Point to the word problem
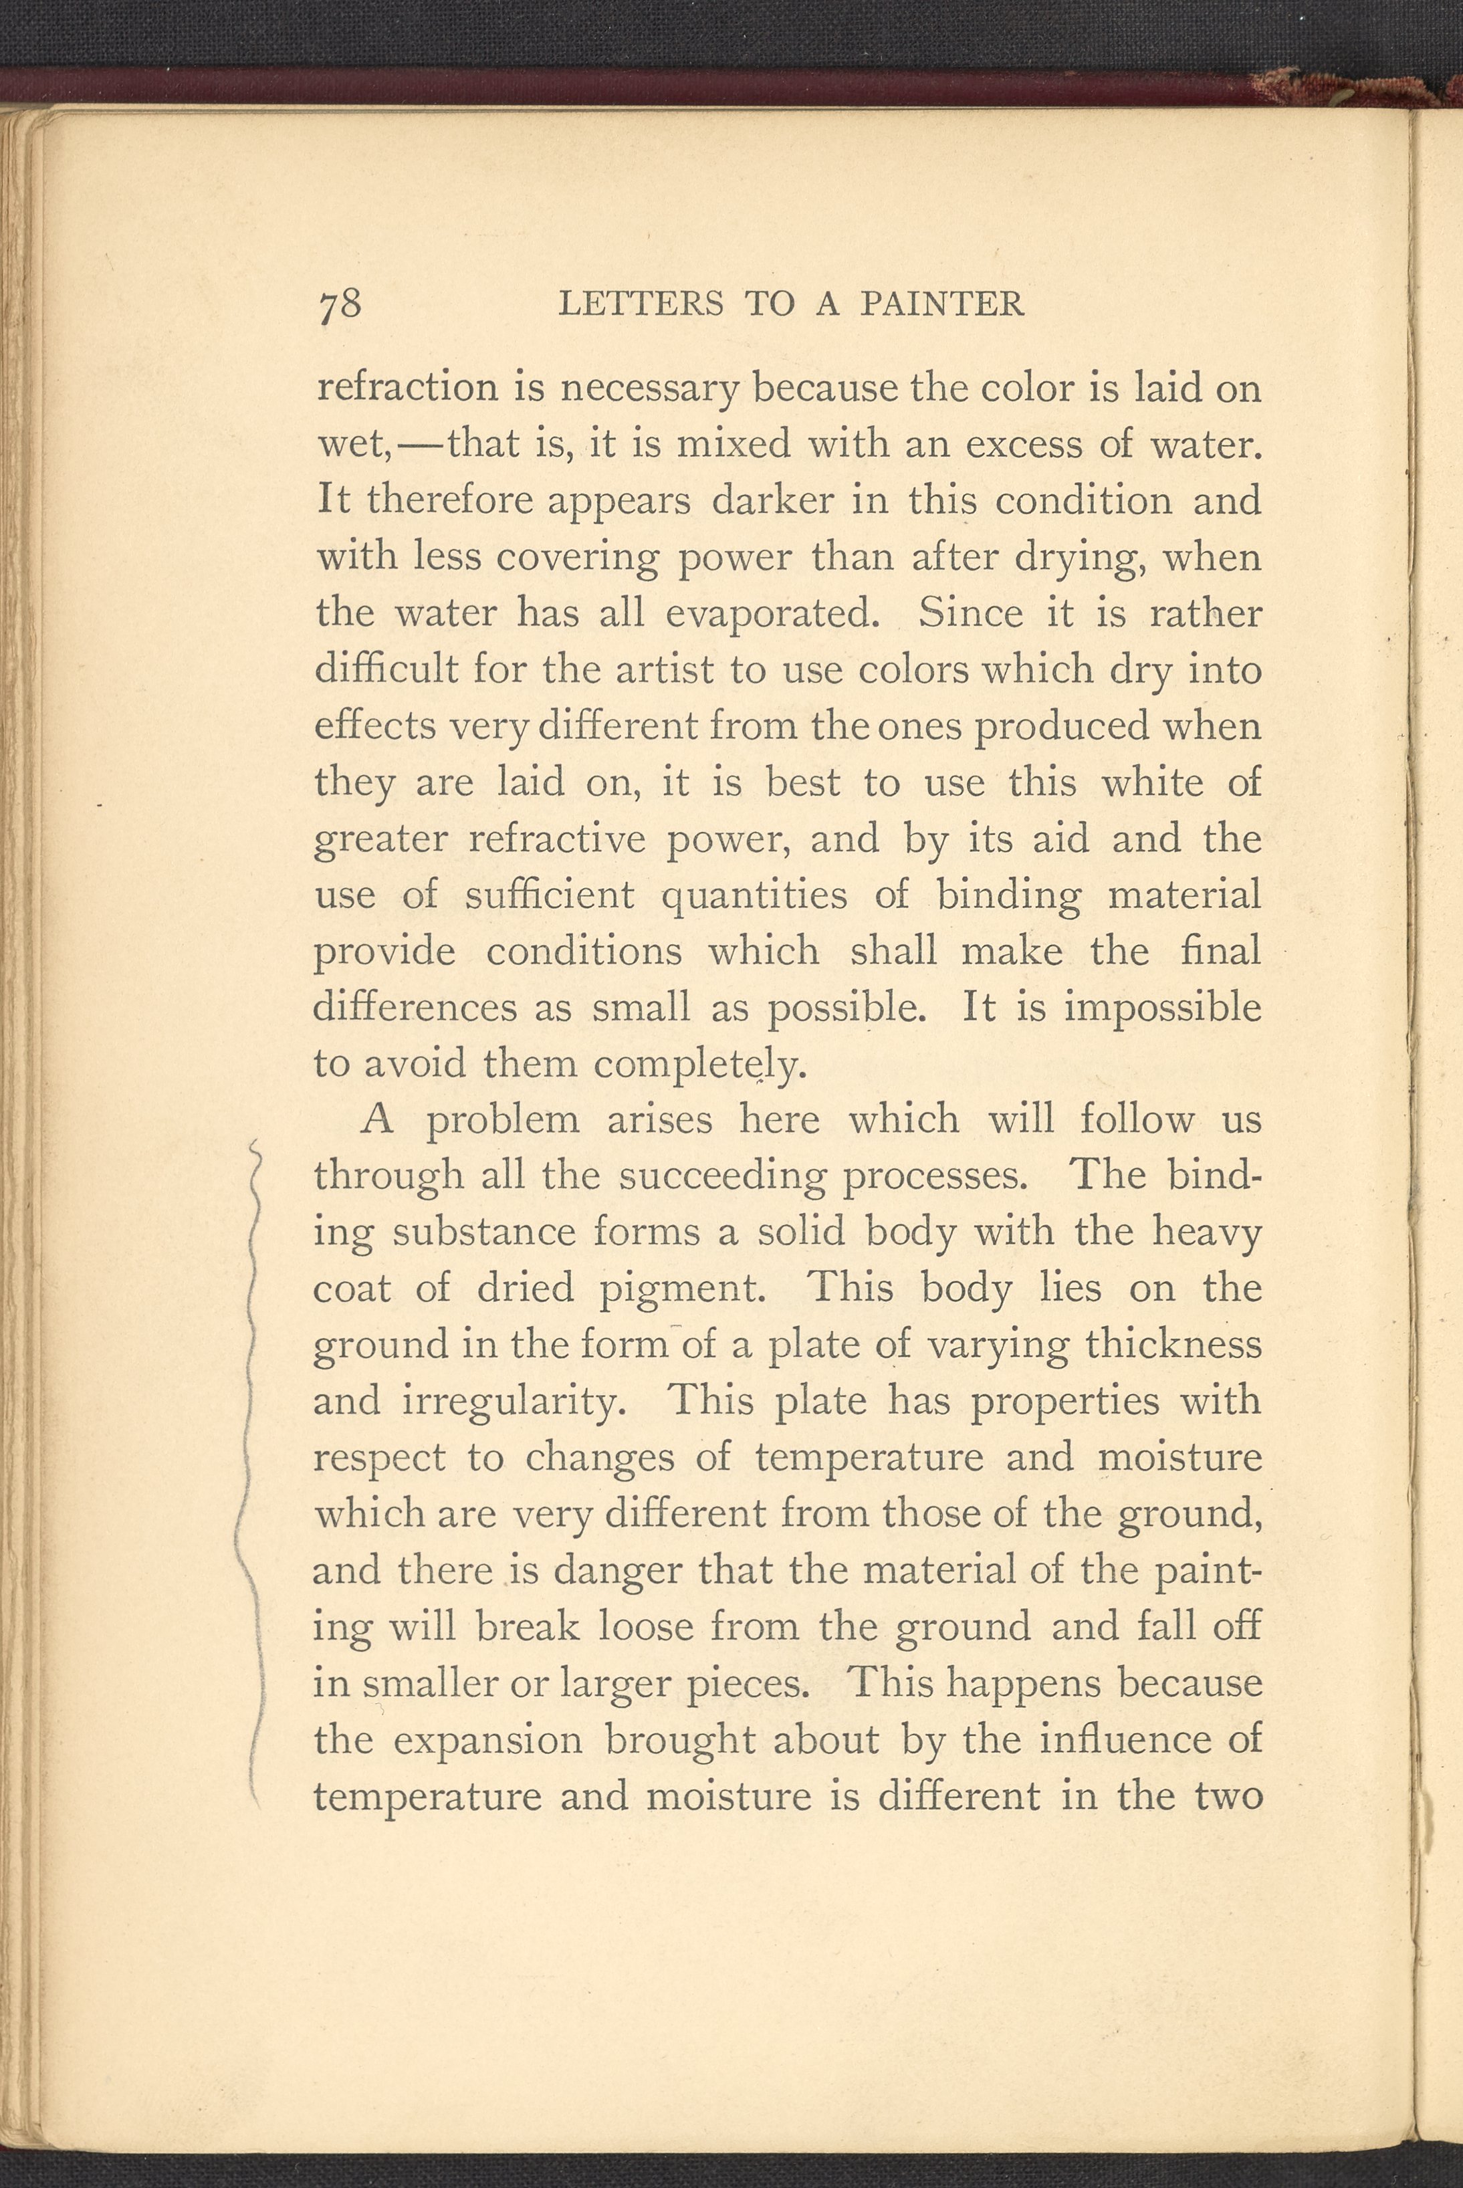(x=503, y=1119)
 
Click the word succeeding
(x=722, y=1176)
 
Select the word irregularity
(x=514, y=1402)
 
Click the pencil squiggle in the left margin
(x=252, y=1474)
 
